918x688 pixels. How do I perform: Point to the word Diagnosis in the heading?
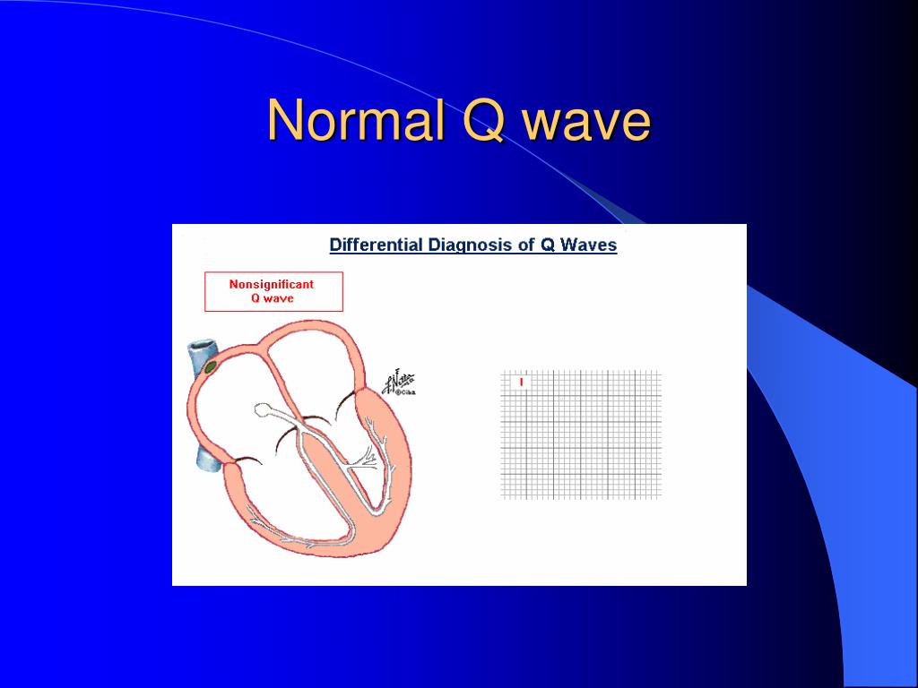tap(472, 245)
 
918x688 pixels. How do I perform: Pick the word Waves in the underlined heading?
tap(589, 245)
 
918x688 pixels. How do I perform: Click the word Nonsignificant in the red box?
tap(272, 284)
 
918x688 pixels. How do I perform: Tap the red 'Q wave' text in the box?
tap(272, 298)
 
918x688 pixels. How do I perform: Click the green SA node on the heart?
tap(211, 366)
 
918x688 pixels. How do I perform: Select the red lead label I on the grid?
tap(521, 382)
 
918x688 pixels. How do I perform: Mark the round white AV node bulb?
tap(263, 409)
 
